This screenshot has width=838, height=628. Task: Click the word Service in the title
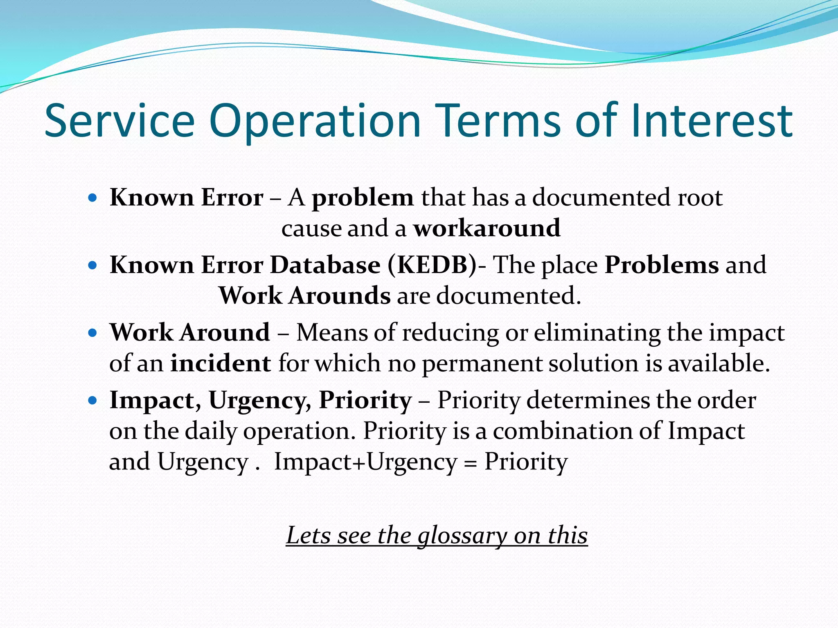click(119, 121)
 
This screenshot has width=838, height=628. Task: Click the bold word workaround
click(487, 228)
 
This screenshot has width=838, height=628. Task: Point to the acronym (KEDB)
click(433, 265)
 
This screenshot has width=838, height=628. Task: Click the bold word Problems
click(662, 265)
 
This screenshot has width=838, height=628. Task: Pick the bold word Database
click(325, 265)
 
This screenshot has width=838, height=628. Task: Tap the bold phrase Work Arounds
click(304, 295)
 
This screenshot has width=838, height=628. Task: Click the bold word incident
click(221, 363)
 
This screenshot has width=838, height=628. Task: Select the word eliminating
click(597, 332)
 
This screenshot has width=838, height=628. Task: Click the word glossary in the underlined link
click(462, 536)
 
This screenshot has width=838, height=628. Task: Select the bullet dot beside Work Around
click(92, 333)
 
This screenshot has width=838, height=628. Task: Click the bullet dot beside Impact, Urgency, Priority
click(92, 400)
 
